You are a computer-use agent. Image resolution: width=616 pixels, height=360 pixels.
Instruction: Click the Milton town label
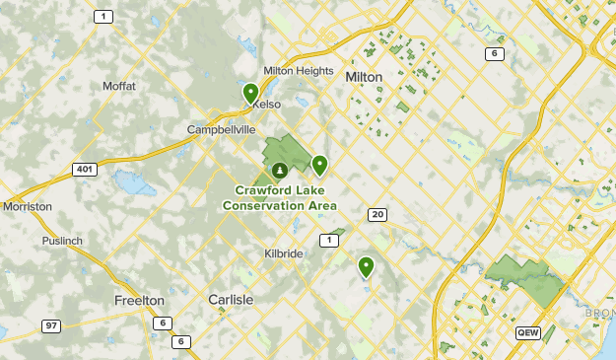(x=364, y=76)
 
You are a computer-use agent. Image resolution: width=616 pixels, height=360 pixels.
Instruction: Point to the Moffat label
(x=118, y=86)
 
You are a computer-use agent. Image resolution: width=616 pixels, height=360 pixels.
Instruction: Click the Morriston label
(x=27, y=207)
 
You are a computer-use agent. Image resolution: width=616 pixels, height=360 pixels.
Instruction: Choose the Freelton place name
(x=139, y=300)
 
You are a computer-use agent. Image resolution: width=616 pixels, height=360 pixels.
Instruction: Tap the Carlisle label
(x=231, y=299)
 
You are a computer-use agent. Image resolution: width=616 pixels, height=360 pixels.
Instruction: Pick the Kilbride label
(x=283, y=253)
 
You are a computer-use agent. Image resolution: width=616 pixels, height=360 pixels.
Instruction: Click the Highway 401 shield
(x=85, y=170)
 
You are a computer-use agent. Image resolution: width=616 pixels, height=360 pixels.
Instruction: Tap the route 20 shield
(x=377, y=214)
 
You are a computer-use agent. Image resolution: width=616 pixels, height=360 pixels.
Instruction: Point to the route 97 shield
(x=50, y=325)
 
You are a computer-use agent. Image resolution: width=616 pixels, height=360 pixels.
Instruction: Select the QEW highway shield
(x=527, y=333)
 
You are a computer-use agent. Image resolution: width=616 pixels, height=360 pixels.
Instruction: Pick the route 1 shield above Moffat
(x=103, y=17)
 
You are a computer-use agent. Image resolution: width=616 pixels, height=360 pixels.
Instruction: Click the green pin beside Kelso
(x=251, y=93)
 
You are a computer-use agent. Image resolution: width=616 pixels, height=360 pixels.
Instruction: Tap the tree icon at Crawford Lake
(x=280, y=171)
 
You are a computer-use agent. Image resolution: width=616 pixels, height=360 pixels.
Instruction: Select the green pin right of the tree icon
(x=319, y=165)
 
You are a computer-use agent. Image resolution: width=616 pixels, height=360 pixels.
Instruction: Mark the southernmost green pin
(x=366, y=265)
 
